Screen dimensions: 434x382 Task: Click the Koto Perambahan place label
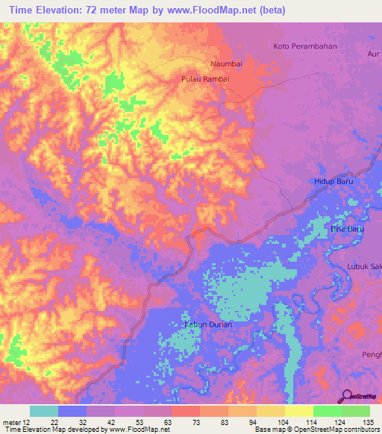pyautogui.click(x=307, y=46)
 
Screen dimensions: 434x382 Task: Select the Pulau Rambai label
pyautogui.click(x=201, y=78)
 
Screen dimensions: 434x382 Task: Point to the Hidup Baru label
pyautogui.click(x=332, y=181)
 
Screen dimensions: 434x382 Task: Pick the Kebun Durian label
pyautogui.click(x=208, y=324)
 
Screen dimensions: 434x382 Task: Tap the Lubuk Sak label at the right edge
pyautogui.click(x=364, y=266)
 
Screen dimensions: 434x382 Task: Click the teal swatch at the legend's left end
pyautogui.click(x=44, y=411)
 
